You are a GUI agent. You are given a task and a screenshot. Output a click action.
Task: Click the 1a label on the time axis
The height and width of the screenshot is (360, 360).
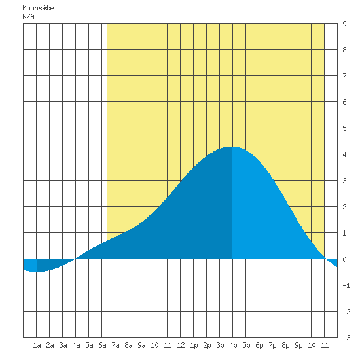coord(37,345)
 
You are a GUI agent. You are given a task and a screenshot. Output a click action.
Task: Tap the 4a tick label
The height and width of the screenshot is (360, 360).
coord(76,345)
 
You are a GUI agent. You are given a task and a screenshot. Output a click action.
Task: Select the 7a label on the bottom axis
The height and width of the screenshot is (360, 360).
coord(115,345)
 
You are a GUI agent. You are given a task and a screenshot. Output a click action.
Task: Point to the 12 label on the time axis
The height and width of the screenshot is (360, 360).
coord(181,345)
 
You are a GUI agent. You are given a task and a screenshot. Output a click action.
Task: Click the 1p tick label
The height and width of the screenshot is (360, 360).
coord(194,346)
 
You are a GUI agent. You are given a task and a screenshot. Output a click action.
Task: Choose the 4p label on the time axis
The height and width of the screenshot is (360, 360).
coord(233,346)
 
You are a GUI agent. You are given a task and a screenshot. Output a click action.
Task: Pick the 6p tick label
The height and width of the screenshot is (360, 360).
coord(259,346)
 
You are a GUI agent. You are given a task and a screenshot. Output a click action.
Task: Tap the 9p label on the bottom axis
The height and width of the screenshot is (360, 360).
coord(298,346)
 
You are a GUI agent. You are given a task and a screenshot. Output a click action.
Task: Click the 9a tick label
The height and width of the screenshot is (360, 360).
coord(141,345)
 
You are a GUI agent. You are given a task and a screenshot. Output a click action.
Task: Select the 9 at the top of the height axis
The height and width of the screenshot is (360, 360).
coord(344,24)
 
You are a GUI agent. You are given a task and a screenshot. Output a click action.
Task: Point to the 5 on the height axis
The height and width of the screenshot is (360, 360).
coord(344,128)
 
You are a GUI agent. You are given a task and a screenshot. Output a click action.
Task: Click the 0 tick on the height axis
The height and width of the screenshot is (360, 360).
coord(344,259)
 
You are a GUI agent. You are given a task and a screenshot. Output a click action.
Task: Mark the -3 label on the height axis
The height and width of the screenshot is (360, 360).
coord(346,338)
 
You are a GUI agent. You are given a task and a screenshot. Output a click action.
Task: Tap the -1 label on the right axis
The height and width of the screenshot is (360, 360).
coord(346,285)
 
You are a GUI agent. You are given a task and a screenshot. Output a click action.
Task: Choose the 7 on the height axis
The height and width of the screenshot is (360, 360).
coord(344,76)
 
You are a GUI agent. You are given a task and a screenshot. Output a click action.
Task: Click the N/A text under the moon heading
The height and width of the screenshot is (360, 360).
coord(28,16)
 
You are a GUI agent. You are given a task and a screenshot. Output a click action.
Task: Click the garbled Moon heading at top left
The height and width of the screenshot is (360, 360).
coord(38,8)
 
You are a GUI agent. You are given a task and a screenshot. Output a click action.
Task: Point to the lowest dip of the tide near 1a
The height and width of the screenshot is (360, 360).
coord(37,272)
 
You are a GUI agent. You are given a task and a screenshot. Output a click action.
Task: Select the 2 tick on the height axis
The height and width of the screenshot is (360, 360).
coord(344,207)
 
